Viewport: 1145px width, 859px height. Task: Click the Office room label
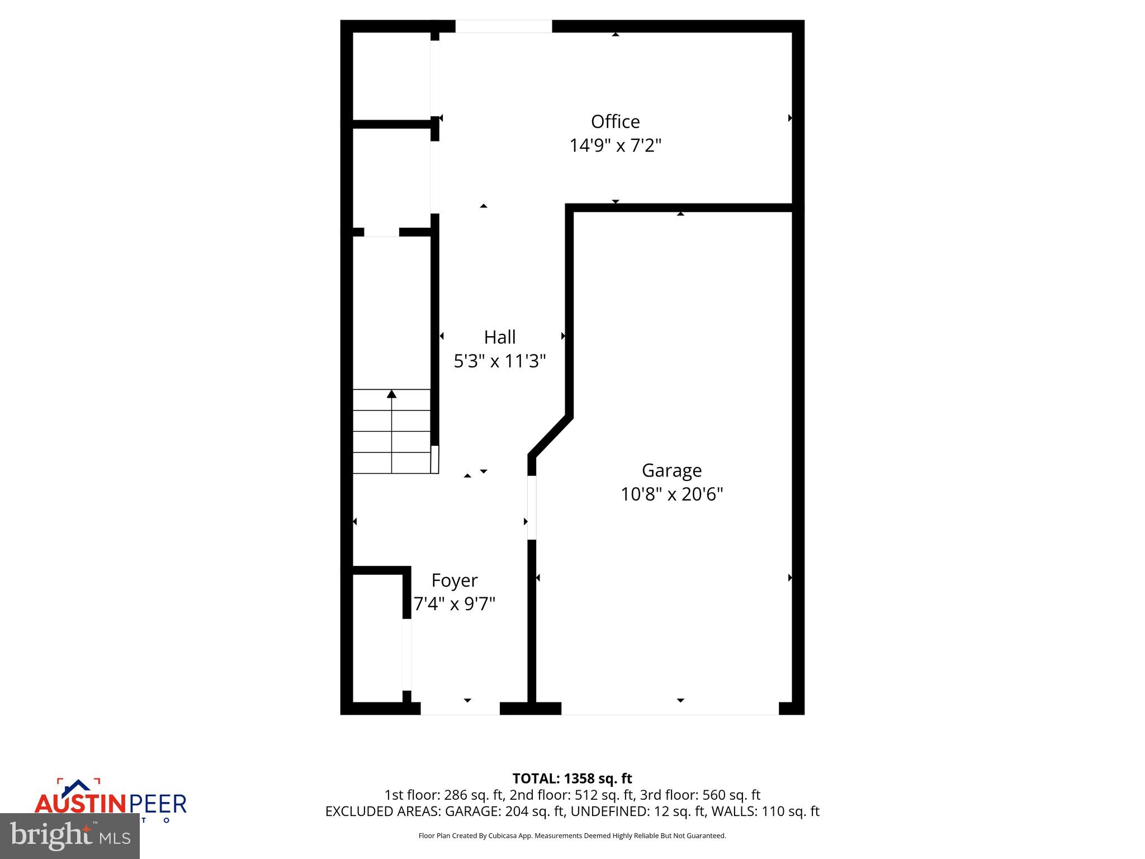(615, 121)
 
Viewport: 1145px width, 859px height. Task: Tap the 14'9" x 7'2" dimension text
(615, 146)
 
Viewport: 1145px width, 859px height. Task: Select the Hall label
(499, 337)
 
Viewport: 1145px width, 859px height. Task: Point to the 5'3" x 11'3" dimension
(499, 361)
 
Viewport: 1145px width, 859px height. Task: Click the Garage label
(671, 470)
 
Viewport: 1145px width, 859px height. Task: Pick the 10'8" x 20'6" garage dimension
(671, 494)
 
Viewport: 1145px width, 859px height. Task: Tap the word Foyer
(454, 580)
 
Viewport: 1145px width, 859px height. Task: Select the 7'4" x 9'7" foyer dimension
(454, 605)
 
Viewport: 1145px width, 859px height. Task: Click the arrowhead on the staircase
(391, 394)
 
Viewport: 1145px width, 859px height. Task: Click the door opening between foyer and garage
(532, 508)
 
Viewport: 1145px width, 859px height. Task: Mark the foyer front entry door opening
(460, 709)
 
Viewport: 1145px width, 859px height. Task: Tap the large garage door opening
(670, 709)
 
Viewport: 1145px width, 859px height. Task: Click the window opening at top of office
(503, 26)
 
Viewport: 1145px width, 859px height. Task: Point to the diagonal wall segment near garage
(551, 436)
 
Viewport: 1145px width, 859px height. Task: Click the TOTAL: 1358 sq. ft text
(572, 778)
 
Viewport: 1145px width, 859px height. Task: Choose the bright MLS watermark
(69, 836)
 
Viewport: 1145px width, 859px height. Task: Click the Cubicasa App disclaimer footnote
(572, 836)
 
